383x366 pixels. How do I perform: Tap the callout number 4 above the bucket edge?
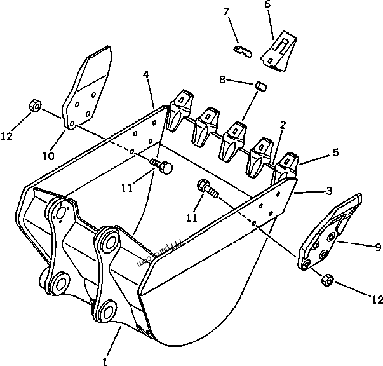click(x=146, y=75)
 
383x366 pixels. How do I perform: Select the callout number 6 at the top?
click(x=267, y=5)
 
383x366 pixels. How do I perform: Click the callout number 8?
click(x=222, y=80)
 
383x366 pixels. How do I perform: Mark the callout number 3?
click(x=330, y=191)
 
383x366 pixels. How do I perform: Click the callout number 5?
click(x=336, y=152)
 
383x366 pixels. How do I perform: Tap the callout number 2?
click(x=283, y=126)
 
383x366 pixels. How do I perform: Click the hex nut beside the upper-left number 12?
click(x=36, y=105)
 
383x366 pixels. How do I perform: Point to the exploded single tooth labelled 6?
click(x=277, y=50)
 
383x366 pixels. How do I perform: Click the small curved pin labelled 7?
click(x=241, y=51)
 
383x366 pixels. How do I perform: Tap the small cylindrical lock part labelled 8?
click(x=259, y=85)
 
